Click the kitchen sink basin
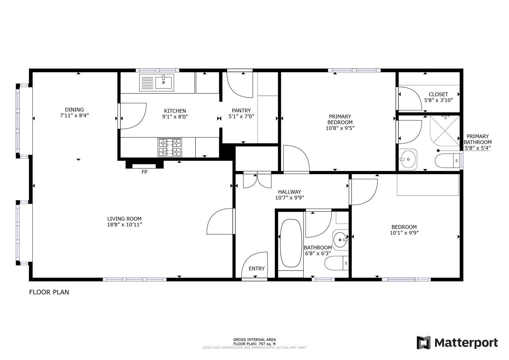click(164, 82)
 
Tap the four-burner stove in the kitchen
click(170, 147)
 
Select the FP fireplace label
click(144, 172)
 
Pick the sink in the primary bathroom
click(408, 160)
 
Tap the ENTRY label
click(257, 268)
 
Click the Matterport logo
click(457, 343)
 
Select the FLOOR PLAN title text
click(49, 292)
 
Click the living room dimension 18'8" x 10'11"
click(124, 225)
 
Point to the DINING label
click(74, 110)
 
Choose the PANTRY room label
click(241, 111)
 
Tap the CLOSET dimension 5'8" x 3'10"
click(438, 100)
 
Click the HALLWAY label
click(290, 192)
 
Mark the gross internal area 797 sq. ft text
click(255, 344)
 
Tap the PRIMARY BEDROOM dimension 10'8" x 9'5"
click(340, 128)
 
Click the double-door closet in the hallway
click(257, 180)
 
